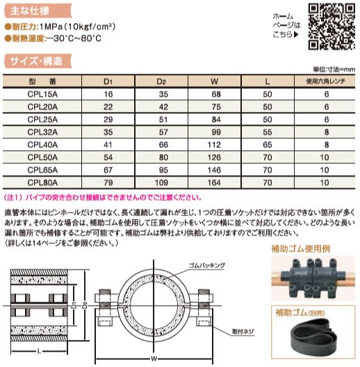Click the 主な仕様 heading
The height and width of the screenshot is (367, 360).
pyautogui.click(x=31, y=11)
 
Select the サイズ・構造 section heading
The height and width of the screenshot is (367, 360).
pyautogui.click(x=36, y=61)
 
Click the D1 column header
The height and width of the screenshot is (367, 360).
pyautogui.click(x=108, y=81)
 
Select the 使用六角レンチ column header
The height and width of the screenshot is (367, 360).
pyautogui.click(x=325, y=81)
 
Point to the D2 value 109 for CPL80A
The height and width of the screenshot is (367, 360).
pyautogui.click(x=161, y=182)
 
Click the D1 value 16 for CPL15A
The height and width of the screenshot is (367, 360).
pyautogui.click(x=108, y=92)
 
